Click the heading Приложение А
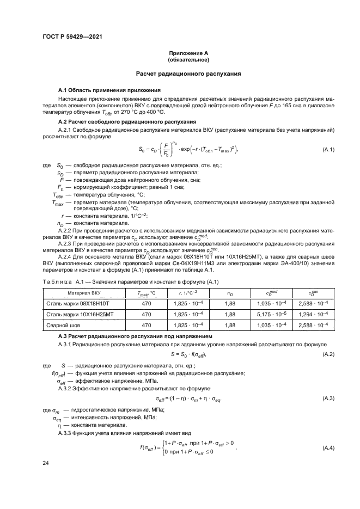coord(188,52)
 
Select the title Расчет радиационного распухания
coord(188,73)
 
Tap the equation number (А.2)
coord(328,355)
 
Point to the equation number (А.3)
coord(328,398)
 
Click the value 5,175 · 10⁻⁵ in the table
coord(272,314)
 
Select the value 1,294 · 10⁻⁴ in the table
coord(314,314)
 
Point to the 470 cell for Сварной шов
coord(146,325)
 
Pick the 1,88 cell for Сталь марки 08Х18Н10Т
coord(229,303)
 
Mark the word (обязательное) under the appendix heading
coord(188,59)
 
